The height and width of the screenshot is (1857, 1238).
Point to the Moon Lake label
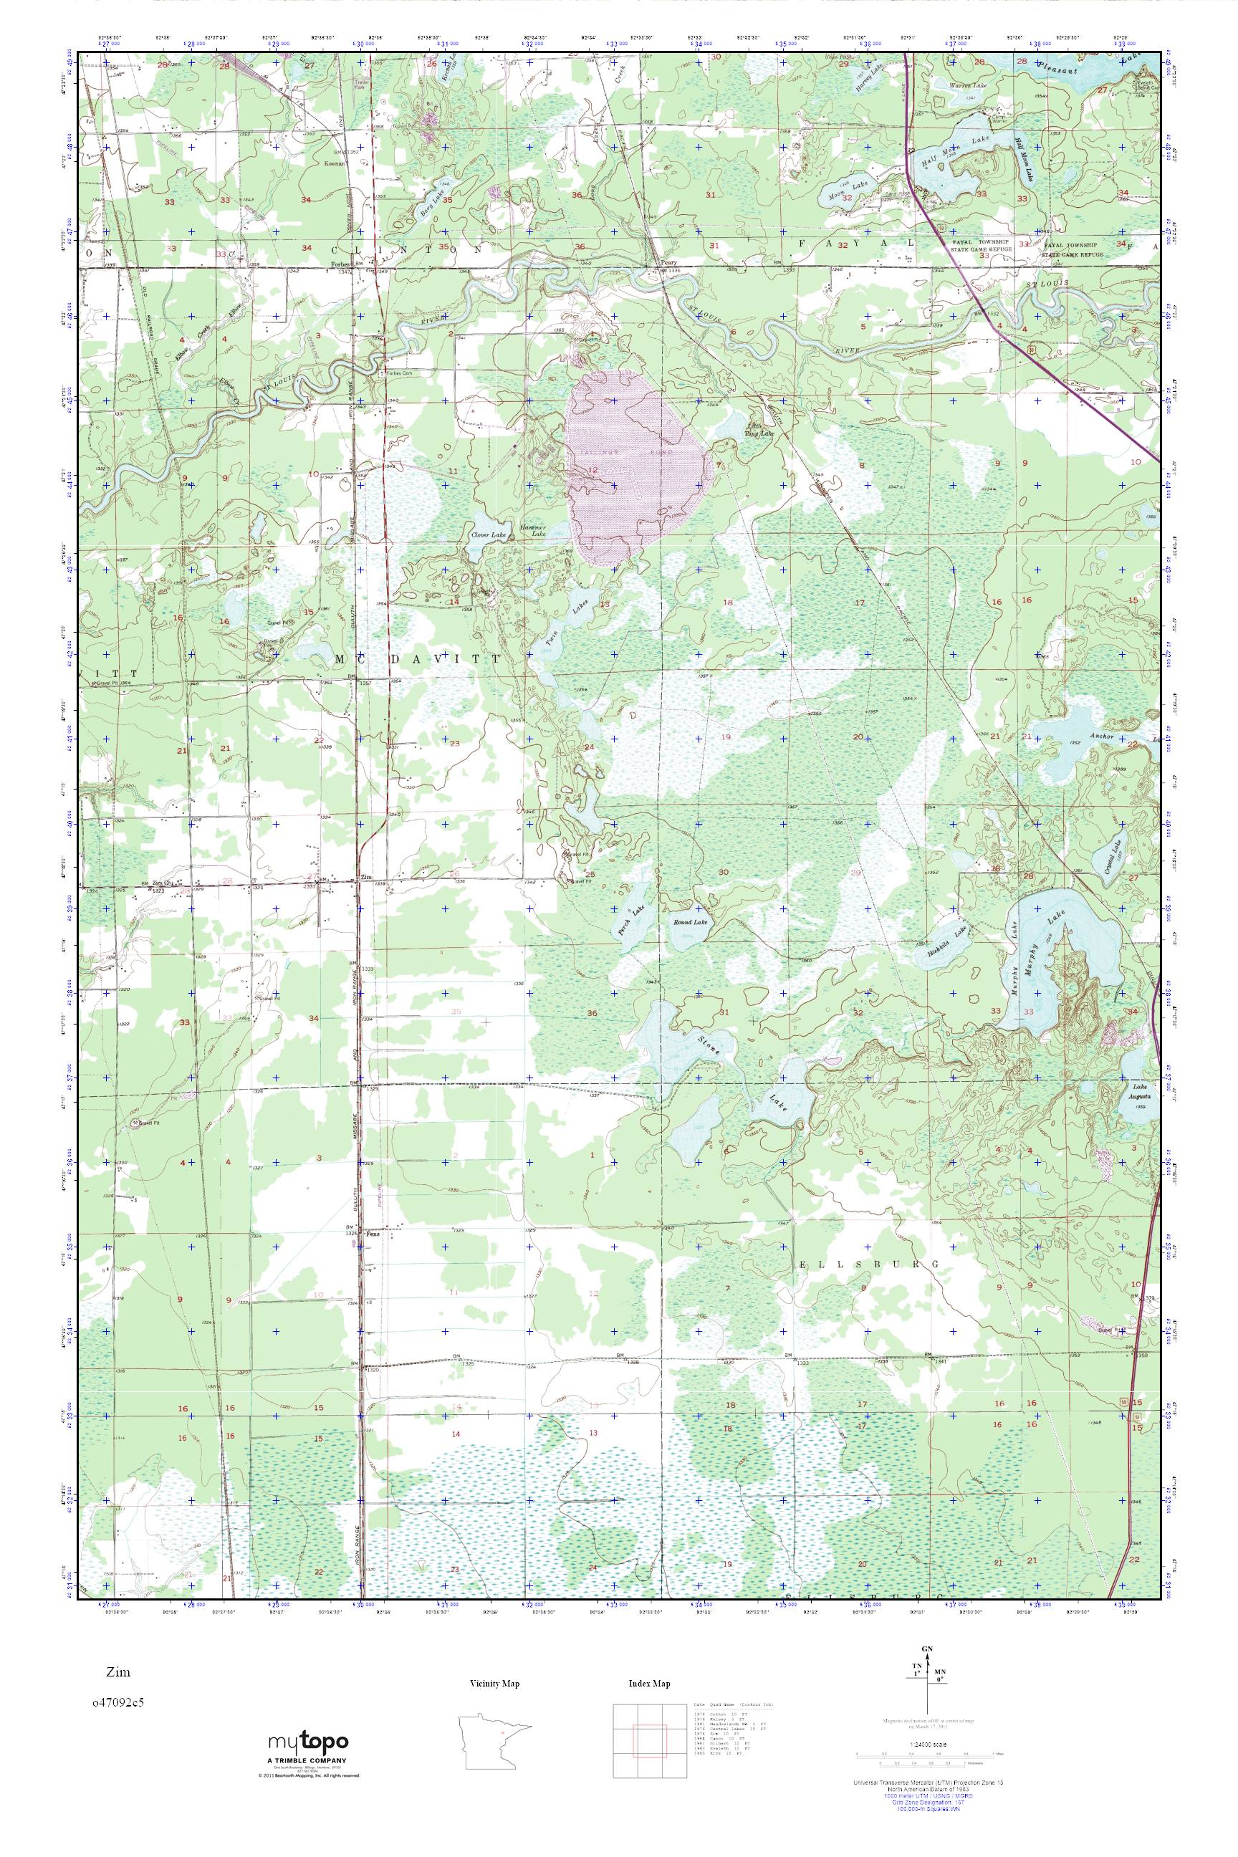[835, 185]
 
